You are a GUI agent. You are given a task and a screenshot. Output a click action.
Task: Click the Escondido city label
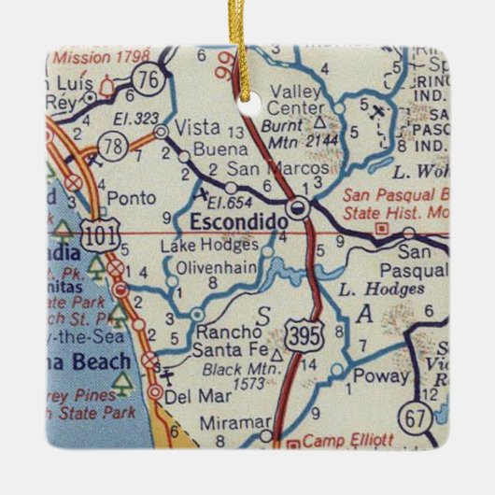(x=229, y=221)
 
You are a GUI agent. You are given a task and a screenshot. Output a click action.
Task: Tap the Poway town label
(x=386, y=376)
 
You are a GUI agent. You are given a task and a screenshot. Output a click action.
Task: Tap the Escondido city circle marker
(x=299, y=208)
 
